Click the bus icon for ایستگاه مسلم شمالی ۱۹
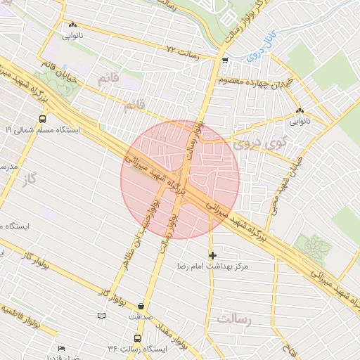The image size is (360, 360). pos(43,119)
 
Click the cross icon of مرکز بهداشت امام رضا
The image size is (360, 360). pos(212,255)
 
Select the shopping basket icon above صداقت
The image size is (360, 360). pos(143,306)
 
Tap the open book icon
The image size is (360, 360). pos(102,316)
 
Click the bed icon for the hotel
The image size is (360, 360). pos(61,348)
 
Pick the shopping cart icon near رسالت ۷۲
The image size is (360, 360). pos(224,60)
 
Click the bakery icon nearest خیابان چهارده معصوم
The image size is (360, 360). pos(300,111)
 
